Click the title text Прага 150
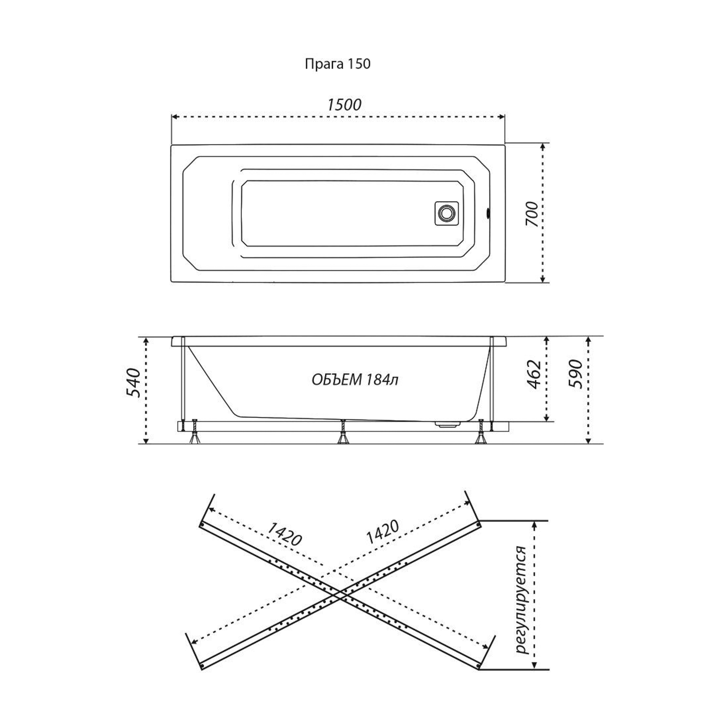click(337, 64)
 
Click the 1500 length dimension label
click(344, 105)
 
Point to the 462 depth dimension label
click(533, 374)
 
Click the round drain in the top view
click(445, 213)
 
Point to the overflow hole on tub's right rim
click(489, 213)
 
